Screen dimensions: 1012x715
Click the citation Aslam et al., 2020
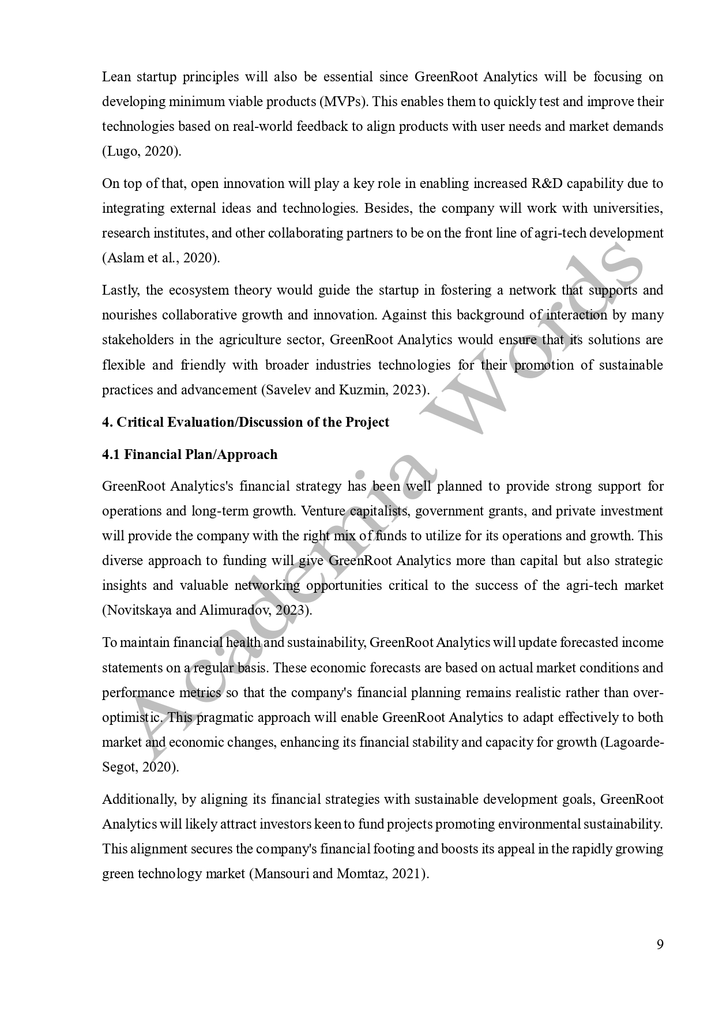(161, 258)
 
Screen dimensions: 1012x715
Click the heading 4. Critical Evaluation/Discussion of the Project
(246, 422)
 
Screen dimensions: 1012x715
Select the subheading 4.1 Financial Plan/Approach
(190, 454)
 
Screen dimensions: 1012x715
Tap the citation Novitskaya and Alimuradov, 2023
(207, 610)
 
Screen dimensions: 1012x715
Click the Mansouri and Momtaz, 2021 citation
(339, 874)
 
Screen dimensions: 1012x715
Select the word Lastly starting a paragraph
(120, 290)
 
